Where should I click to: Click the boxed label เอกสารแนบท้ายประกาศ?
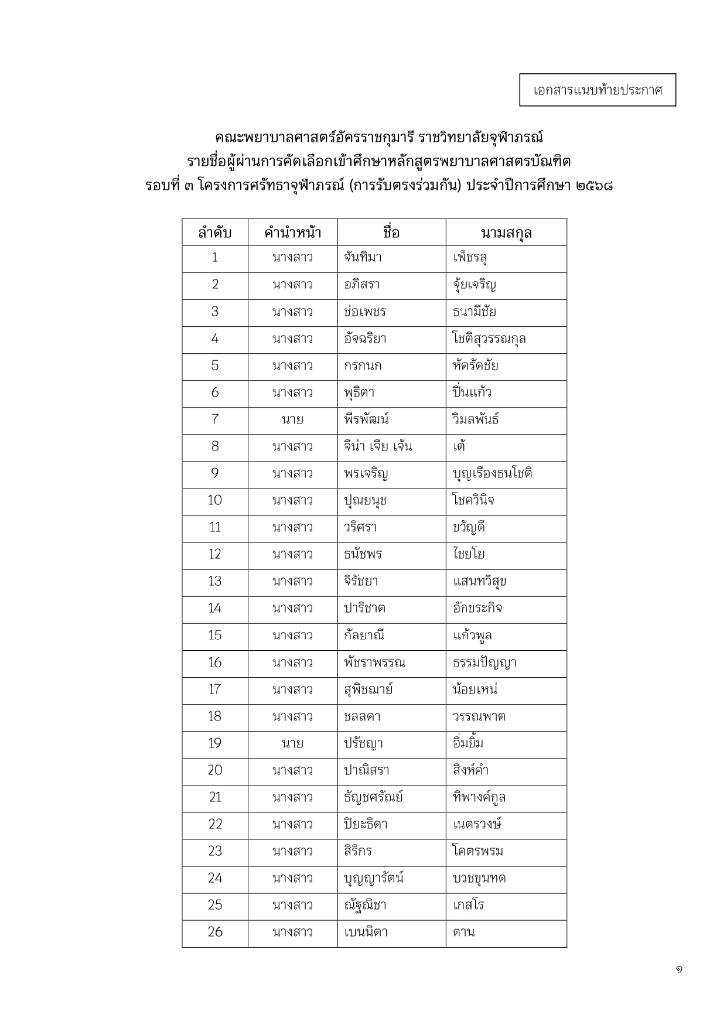(598, 90)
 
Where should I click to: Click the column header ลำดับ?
(214, 233)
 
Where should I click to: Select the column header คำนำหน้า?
(292, 233)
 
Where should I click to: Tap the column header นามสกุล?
(506, 233)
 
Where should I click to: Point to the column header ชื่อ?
(391, 233)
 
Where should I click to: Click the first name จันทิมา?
(363, 257)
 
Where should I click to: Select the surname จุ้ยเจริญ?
(475, 285)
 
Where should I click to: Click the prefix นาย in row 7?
(292, 419)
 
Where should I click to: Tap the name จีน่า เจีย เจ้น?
(378, 446)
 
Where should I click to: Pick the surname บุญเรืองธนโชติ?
(492, 473)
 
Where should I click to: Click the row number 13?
(214, 581)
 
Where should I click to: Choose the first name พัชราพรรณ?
(374, 662)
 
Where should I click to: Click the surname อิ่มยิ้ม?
(468, 743)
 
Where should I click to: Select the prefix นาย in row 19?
(292, 743)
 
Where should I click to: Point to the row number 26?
(214, 932)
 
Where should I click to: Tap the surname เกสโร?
(469, 905)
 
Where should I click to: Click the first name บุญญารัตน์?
(374, 878)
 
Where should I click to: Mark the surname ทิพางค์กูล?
(479, 797)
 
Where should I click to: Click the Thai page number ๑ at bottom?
(678, 970)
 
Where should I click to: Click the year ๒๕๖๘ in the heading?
(594, 186)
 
